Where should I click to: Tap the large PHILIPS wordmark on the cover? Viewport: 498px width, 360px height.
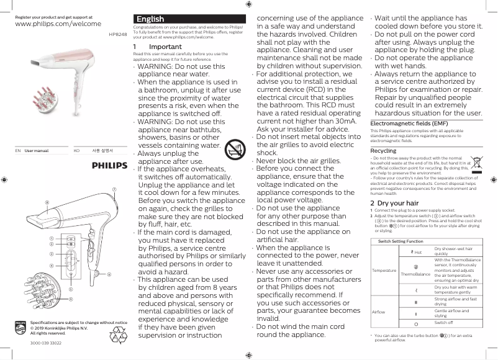pos(110,166)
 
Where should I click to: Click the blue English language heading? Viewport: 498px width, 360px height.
pos(150,19)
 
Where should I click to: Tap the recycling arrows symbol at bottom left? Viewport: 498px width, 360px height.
pos(118,336)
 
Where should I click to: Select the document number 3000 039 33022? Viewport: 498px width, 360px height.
pos(46,343)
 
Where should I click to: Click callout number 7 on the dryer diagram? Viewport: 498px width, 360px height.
pos(114,189)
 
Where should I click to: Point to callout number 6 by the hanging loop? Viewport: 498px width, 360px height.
pos(109,274)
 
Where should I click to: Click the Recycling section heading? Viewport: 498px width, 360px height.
pos(383,151)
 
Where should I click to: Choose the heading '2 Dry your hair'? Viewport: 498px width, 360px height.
pos(394,203)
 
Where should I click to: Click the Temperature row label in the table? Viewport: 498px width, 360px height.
pos(384,271)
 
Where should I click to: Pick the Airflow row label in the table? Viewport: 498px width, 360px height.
pos(378,311)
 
